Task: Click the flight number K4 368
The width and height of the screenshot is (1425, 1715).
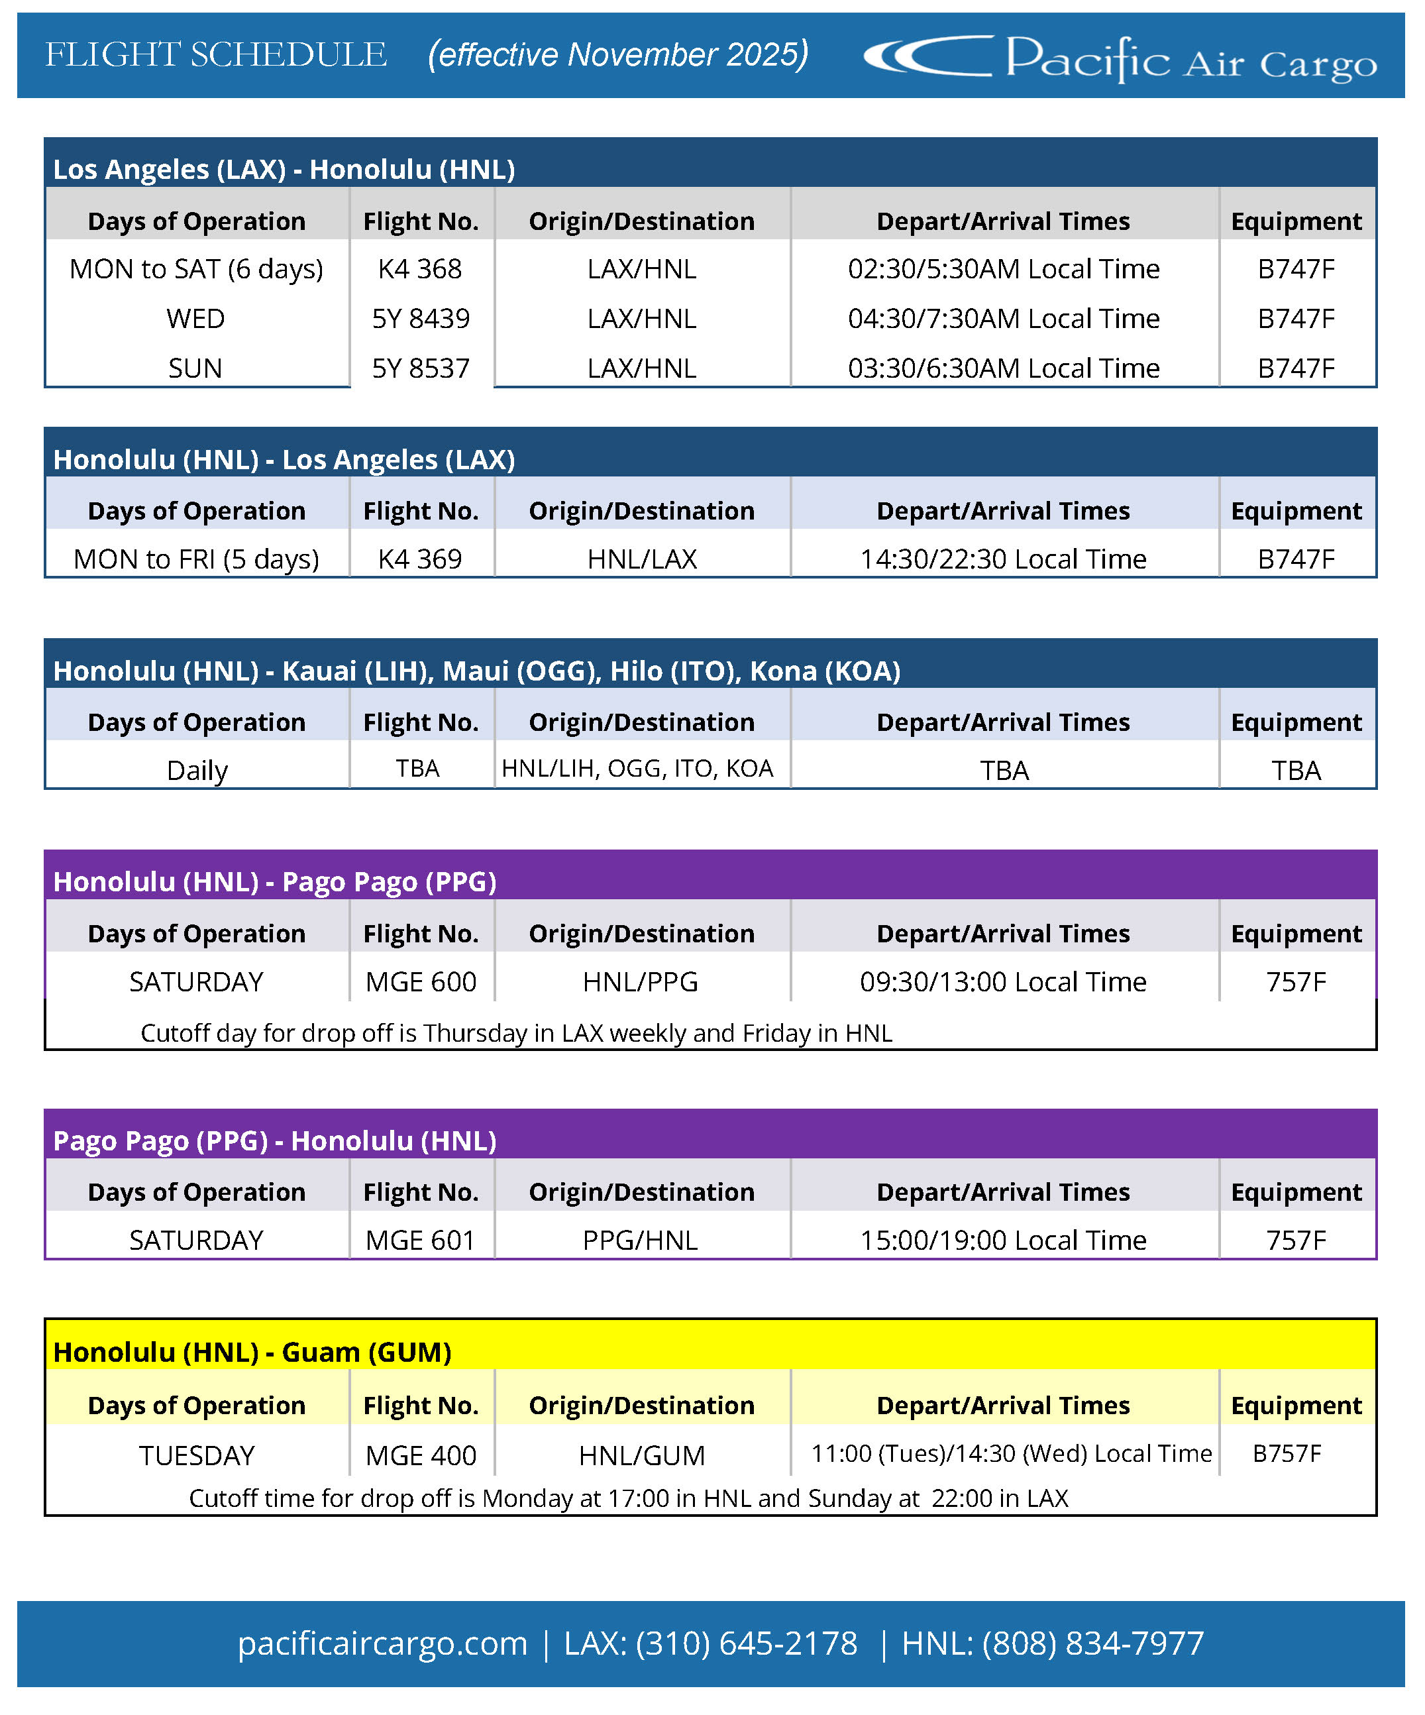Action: pos(420,268)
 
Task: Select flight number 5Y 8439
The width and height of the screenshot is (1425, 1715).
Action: pos(421,319)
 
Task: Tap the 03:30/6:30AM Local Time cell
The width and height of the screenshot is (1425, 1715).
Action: pos(1003,368)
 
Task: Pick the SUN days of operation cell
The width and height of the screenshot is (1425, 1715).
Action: pos(195,368)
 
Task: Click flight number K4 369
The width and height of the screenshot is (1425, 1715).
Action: pos(420,559)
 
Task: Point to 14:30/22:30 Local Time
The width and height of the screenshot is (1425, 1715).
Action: pos(1003,559)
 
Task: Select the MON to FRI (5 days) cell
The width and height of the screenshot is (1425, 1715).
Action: pos(196,559)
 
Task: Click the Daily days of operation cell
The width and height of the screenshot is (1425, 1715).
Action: pos(197,770)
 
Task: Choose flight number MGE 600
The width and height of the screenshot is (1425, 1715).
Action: pos(421,981)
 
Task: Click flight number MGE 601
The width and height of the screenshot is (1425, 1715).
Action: pos(421,1241)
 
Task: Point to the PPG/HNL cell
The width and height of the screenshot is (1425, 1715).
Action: pos(640,1241)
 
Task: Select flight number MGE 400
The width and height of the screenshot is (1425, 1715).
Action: pos(421,1455)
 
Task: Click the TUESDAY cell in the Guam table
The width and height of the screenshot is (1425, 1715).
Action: pos(197,1455)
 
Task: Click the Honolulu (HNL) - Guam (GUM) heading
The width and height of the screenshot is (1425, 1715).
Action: pos(252,1353)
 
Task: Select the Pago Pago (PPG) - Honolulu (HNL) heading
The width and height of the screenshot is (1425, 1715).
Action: pos(275,1141)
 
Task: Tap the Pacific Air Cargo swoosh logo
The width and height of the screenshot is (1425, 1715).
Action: pos(927,56)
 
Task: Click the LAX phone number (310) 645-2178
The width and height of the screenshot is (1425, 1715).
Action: pos(747,1643)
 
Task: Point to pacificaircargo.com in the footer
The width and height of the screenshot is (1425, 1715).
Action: pos(382,1643)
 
